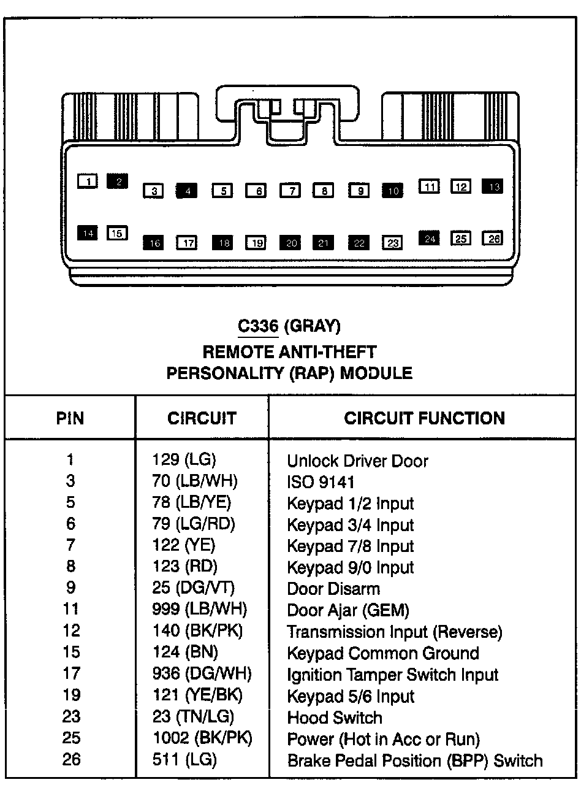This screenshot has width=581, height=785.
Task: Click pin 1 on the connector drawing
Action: tap(88, 181)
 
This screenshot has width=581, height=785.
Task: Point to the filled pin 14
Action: tap(88, 233)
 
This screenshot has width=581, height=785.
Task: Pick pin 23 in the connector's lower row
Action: tap(392, 243)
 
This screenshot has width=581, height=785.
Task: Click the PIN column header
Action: tap(70, 418)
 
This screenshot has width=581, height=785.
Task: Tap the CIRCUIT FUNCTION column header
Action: tap(424, 418)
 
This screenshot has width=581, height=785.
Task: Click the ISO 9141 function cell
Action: tap(321, 482)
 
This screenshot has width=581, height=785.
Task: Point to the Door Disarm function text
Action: tap(333, 589)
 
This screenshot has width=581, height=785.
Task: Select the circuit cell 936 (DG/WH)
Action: tap(202, 674)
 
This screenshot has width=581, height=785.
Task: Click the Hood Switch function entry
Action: tap(335, 717)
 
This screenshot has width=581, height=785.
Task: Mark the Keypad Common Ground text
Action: tap(383, 653)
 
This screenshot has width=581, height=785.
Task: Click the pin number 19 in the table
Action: tap(71, 695)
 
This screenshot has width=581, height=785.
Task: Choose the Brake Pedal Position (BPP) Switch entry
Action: tap(415, 760)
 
